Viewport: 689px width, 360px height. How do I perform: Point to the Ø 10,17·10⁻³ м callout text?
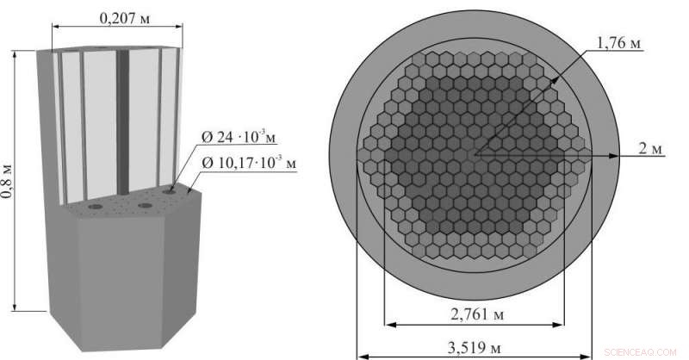(x=247, y=160)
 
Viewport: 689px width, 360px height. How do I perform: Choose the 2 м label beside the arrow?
(x=651, y=149)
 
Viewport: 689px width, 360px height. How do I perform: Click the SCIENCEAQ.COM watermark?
(x=645, y=352)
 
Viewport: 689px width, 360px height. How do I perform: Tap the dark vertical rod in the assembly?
(x=123, y=121)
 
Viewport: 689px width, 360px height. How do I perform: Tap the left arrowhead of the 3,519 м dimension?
(x=361, y=355)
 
